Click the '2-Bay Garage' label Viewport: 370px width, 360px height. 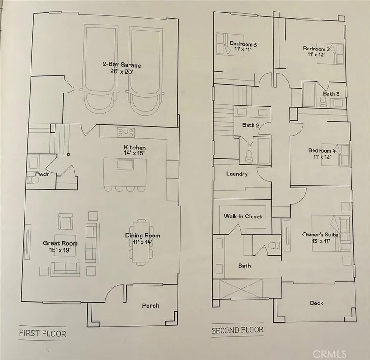(x=122, y=64)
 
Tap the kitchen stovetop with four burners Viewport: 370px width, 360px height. (x=126, y=132)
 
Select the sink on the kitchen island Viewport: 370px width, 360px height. (x=125, y=164)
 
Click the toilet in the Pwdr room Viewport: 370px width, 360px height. (x=33, y=180)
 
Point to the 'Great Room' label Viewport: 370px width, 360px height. (x=60, y=243)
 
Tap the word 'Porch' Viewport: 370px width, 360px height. (x=151, y=306)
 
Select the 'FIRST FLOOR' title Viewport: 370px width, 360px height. (x=43, y=333)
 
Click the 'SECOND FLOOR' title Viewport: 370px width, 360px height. (x=237, y=330)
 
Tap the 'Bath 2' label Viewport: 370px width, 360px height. (x=251, y=125)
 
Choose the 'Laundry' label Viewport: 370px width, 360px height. (x=237, y=174)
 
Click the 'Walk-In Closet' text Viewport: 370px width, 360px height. (x=243, y=216)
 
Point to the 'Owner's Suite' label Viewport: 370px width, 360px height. (x=320, y=235)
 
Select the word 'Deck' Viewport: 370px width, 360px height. (x=316, y=303)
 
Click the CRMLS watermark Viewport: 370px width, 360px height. (x=329, y=354)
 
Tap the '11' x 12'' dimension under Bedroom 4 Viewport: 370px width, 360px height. (x=321, y=157)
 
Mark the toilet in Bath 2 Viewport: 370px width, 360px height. (x=249, y=156)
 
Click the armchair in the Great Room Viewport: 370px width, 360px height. (x=66, y=222)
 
